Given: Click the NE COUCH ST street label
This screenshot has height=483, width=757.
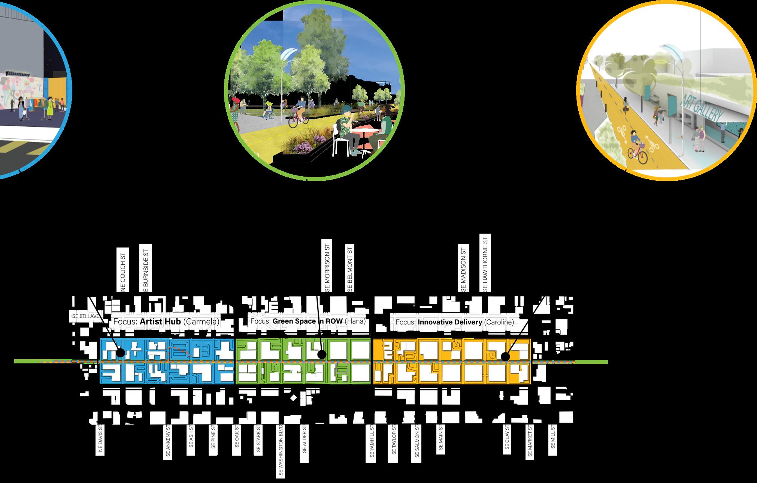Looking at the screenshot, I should [x=123, y=269].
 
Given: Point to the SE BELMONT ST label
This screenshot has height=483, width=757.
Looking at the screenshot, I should [x=349, y=268].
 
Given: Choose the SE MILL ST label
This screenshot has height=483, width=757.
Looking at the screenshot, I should [x=552, y=436].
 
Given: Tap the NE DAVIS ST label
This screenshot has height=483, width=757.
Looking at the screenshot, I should [x=100, y=439].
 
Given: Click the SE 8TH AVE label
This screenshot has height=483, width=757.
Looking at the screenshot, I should [x=85, y=316].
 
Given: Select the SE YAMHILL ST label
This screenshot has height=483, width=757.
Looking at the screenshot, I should [x=372, y=441].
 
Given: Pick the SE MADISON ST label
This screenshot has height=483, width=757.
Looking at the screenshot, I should [x=463, y=268].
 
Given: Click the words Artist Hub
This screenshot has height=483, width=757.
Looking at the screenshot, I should [x=160, y=322].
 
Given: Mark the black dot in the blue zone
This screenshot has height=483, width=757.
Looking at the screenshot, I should [x=120, y=353].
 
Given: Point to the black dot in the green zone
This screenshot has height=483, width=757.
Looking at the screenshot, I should [x=321, y=354].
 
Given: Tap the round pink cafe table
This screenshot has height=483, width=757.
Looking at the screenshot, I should [x=365, y=132].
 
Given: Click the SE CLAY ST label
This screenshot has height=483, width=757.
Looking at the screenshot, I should [x=507, y=437].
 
